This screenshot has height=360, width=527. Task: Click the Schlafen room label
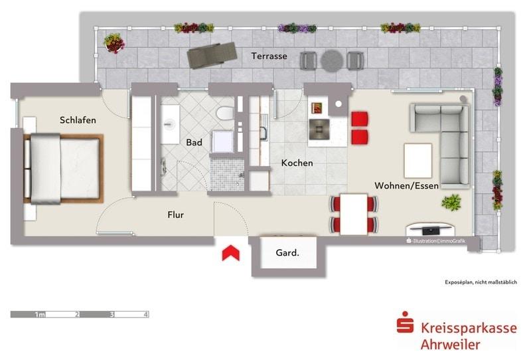point(78,120)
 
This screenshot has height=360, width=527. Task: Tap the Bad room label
point(194,142)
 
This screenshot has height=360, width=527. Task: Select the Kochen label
point(297,163)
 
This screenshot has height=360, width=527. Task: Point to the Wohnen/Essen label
point(406,185)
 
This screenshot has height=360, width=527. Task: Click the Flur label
point(175,215)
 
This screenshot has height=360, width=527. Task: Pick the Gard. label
point(287,253)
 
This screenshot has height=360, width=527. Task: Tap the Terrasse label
point(269,56)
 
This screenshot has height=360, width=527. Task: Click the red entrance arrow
point(230,253)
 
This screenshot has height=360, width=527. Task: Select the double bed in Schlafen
point(63,168)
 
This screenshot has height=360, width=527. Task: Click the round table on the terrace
point(331,61)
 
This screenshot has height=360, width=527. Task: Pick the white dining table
point(354,213)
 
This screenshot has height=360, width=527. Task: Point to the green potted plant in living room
point(452,202)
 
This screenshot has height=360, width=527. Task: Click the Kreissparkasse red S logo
point(404,326)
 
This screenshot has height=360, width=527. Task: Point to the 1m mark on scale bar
point(39,315)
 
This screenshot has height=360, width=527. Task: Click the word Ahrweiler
point(450,344)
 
